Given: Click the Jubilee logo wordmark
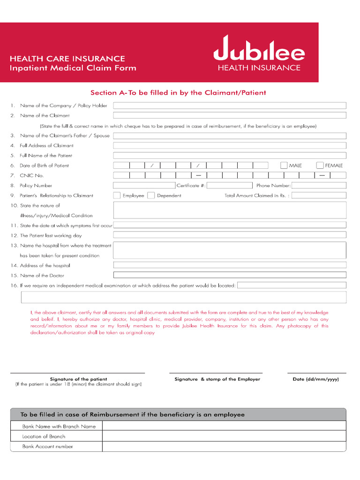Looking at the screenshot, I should click(259, 49).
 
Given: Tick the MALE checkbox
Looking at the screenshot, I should click(284, 165).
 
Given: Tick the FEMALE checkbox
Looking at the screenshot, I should click(320, 165).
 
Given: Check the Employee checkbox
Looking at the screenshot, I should click(117, 195).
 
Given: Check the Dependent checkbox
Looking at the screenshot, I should click(151, 195).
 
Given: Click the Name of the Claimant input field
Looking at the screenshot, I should click(230, 115).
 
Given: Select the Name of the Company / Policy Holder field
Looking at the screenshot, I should click(230, 105).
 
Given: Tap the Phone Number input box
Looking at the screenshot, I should click(319, 185).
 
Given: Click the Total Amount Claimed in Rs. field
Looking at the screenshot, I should click(319, 195).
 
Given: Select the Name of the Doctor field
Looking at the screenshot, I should click(230, 275).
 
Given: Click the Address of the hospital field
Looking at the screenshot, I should click(230, 265).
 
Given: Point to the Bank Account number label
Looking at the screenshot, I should click(47, 447).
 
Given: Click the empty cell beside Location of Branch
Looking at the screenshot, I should click(224, 436).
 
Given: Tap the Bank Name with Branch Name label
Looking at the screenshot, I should click(59, 427).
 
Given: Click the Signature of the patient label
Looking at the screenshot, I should click(78, 379).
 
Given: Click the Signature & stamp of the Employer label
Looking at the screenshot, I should click(217, 379).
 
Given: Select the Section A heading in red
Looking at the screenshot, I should click(178, 93).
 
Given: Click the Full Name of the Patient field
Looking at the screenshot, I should click(230, 155).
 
